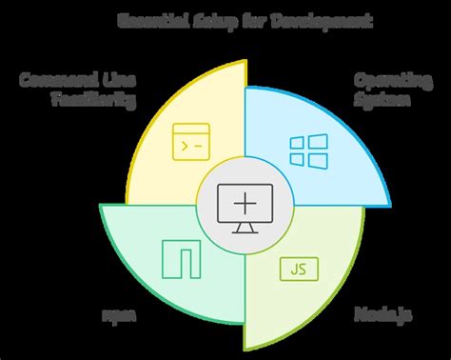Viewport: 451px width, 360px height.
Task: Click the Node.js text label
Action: coord(377,313)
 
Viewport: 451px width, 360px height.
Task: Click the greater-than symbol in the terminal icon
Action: coord(183,144)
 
